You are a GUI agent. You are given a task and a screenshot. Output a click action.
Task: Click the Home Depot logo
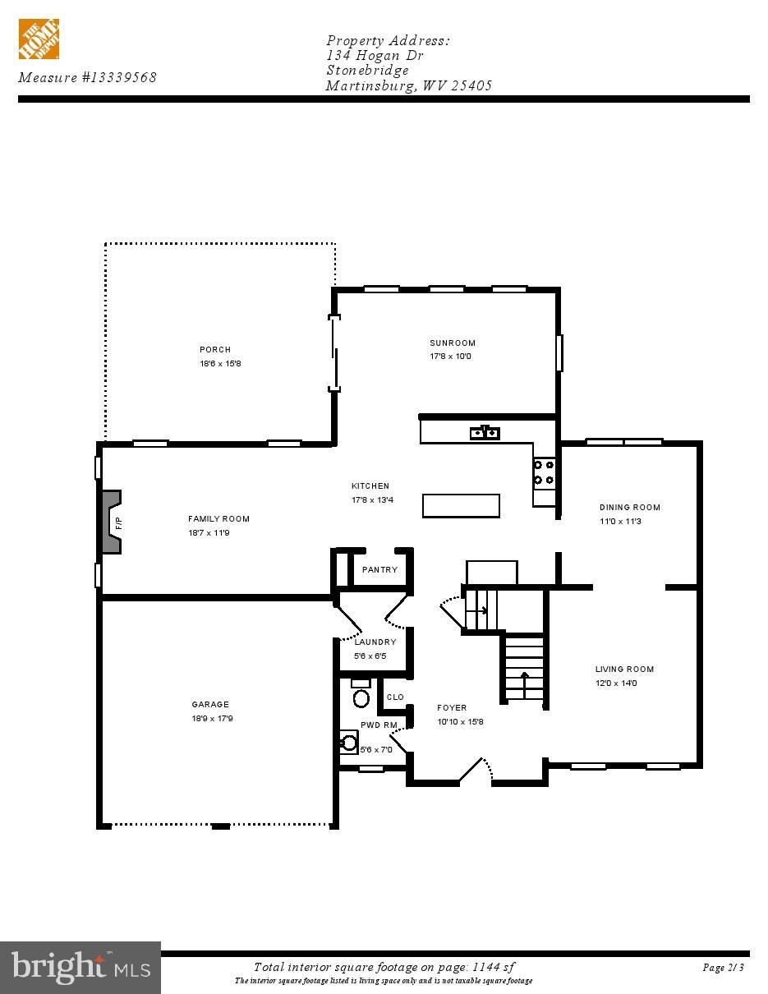(39, 39)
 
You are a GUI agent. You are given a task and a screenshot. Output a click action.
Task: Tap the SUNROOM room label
(453, 343)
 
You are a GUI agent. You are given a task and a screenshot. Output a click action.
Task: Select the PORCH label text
(215, 350)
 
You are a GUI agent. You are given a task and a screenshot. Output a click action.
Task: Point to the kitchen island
(461, 505)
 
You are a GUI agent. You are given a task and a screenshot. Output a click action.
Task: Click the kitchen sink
(485, 432)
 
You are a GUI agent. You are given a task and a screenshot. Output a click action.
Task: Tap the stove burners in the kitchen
(544, 472)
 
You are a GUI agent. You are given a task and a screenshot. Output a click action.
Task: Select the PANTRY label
(379, 570)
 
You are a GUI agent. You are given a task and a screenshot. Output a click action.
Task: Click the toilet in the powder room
(361, 698)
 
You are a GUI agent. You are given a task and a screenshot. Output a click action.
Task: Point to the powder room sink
(349, 743)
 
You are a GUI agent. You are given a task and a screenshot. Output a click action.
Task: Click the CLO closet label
(395, 697)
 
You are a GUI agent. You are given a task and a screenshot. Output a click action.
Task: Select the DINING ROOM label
(630, 508)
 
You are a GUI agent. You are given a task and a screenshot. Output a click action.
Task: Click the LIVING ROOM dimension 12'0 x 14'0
(616, 683)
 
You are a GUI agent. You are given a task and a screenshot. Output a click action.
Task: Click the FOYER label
(452, 708)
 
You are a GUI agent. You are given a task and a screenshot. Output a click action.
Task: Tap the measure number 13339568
(119, 78)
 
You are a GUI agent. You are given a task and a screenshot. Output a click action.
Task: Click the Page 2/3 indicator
(723, 968)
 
